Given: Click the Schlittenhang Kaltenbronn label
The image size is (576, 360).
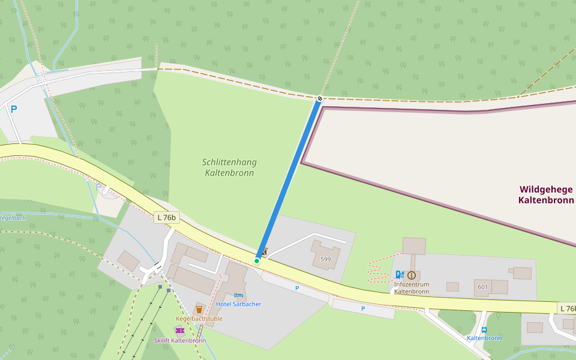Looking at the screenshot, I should coord(228,167).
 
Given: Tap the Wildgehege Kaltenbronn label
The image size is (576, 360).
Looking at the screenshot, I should coord(545,194).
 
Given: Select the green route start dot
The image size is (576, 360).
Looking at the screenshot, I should coord(257,260).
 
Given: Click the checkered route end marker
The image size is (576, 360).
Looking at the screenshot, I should coord(320,98).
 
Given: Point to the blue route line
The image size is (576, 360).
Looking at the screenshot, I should coord(288,180).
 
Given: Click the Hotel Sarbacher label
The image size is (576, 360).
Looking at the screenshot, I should coord(238,304).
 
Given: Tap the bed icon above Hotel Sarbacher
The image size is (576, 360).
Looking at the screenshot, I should coord(238,296).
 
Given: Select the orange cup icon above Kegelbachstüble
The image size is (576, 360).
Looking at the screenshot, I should coord(199,309).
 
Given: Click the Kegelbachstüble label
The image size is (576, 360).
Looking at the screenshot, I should coord(199,319).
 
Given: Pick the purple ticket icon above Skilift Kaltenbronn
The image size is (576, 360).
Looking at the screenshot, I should coord(179,331).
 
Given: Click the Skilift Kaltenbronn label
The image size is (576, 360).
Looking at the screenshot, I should coord(179,340).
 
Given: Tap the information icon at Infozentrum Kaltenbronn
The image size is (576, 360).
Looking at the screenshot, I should coord(411,275).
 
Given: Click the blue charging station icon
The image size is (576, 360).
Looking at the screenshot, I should coord(400,275).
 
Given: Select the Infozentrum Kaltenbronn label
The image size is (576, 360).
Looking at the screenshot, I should coord(411,287).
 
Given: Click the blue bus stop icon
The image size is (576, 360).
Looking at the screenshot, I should coord(484,329).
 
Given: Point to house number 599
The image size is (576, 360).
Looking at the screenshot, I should coord(325,259).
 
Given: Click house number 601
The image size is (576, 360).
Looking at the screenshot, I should coord(483,287).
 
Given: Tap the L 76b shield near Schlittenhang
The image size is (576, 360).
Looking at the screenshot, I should coord(166,217).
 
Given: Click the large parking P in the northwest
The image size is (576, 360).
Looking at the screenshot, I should coord(14,109).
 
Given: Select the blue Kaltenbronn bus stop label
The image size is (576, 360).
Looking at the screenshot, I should coord(484,338).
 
